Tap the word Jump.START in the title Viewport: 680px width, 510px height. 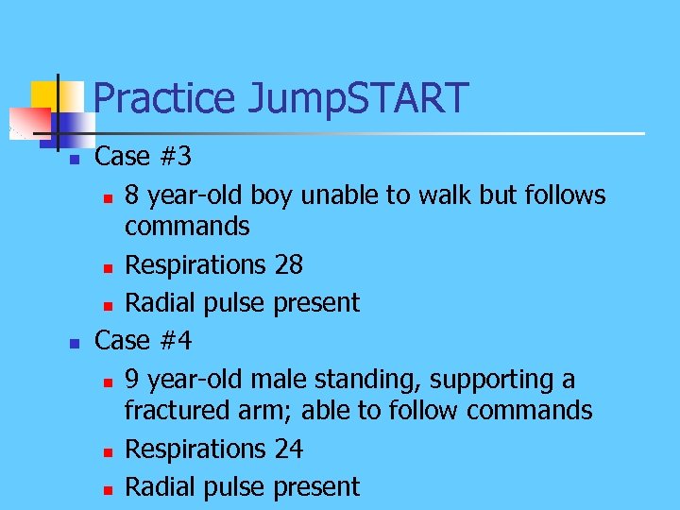pos(358,98)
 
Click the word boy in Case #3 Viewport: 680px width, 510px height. pos(273,195)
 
